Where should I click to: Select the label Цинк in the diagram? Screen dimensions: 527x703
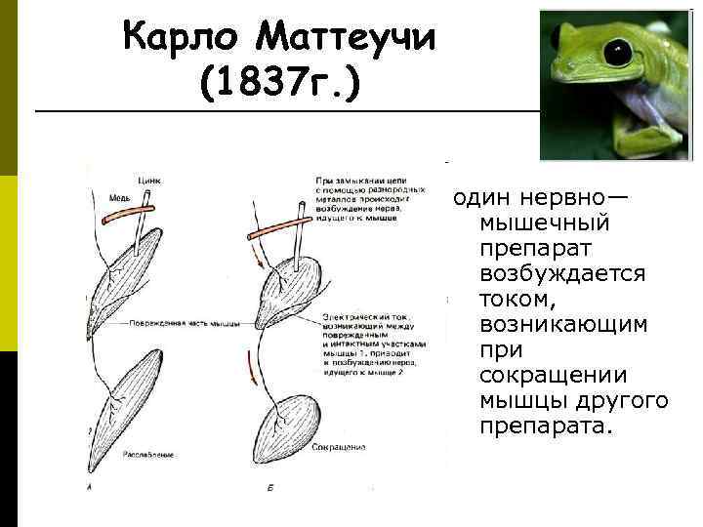150,180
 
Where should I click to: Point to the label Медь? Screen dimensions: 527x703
119,197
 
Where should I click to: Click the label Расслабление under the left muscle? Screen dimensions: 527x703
147,456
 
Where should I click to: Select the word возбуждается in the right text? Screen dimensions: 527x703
562,272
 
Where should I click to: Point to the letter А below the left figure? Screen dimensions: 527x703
90,484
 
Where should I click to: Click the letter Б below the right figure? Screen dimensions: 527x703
268,485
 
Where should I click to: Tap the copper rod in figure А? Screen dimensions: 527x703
131,212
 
